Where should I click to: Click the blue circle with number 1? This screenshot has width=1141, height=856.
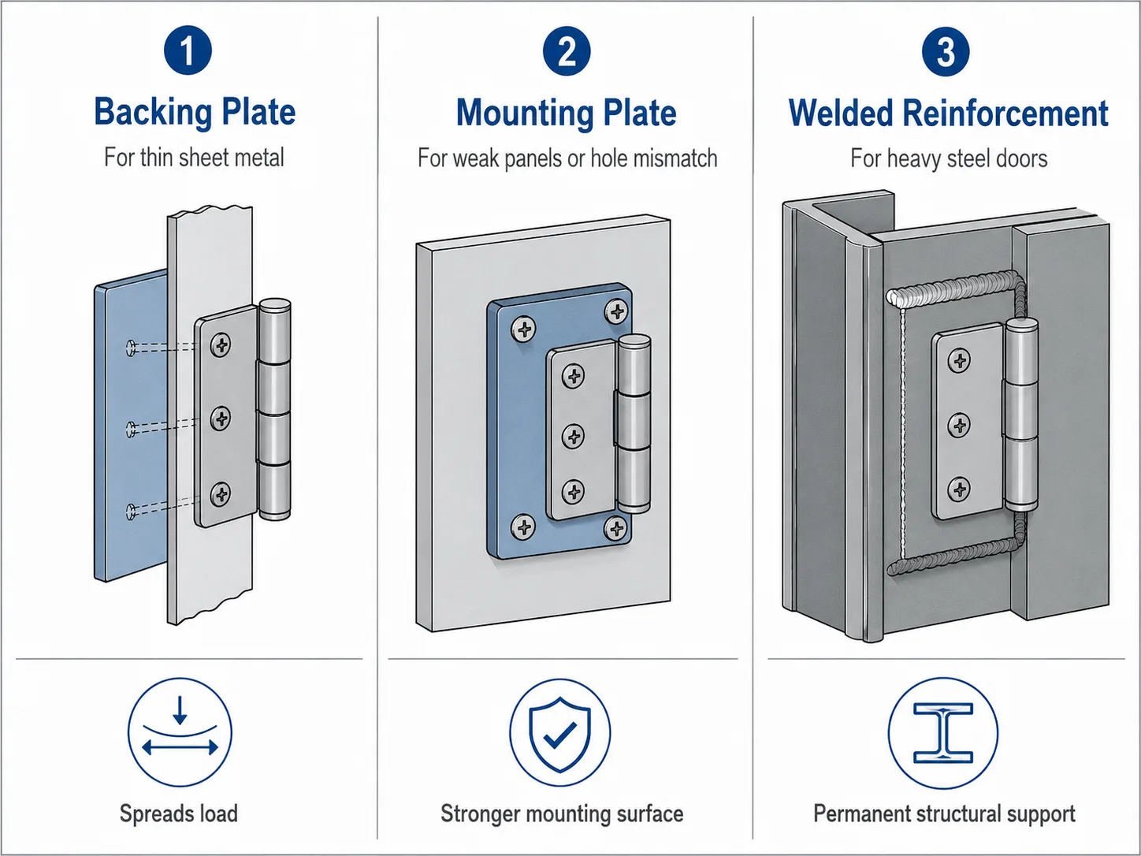pos(188,50)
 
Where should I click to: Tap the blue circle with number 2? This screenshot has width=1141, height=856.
pos(567,51)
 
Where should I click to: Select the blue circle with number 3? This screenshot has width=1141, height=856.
pos(946,51)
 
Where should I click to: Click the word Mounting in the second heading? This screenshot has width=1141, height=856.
pos(525,114)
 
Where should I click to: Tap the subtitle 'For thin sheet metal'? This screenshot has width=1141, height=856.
pos(194,158)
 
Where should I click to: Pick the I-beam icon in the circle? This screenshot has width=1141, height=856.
pos(943,733)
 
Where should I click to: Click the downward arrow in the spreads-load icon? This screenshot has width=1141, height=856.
pos(180,710)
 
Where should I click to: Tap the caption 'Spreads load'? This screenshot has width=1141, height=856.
pos(179,813)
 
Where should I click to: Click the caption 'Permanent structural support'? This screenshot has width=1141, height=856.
pos(944,814)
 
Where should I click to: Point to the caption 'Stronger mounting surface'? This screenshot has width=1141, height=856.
pos(562,814)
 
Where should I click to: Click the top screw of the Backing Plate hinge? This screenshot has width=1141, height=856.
pos(221,344)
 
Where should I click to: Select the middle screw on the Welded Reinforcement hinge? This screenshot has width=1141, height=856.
pos(959,425)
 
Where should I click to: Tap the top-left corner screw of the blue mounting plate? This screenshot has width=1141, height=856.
pos(523,329)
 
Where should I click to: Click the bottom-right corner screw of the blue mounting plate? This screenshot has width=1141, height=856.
pos(616,529)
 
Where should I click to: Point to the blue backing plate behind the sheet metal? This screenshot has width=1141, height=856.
pos(131,426)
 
